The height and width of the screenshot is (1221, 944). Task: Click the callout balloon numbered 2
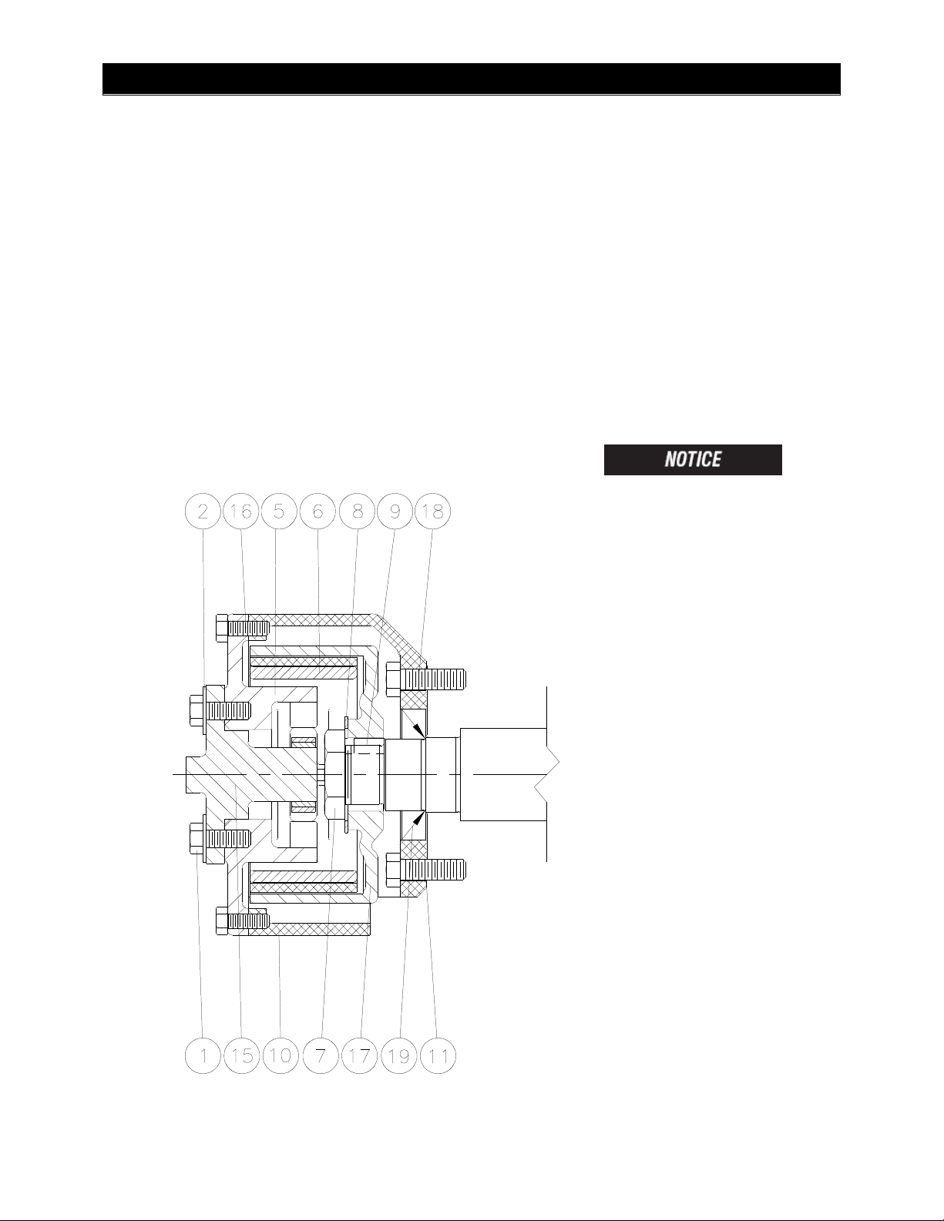tap(203, 511)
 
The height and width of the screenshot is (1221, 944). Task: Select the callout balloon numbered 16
tap(241, 511)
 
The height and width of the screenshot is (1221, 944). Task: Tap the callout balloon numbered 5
tap(279, 511)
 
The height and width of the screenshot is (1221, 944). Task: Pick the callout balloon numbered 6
tap(317, 511)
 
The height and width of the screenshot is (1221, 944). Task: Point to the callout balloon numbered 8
tap(356, 511)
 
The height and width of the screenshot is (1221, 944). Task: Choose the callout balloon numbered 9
tap(395, 511)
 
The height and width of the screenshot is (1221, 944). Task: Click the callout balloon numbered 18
tap(432, 511)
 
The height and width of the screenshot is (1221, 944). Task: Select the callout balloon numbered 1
tap(203, 1055)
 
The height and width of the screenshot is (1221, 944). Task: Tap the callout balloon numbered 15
tap(242, 1055)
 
